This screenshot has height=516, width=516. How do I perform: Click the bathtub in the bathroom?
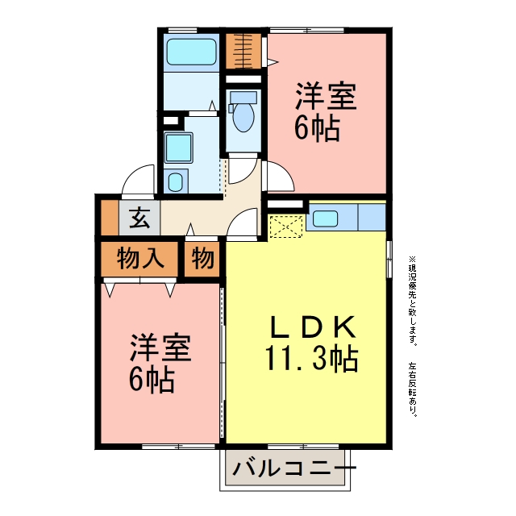[x=191, y=52]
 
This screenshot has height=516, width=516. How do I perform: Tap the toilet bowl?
[x=243, y=117]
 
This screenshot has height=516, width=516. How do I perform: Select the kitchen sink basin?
[x=325, y=218]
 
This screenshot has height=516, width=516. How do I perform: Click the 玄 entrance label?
[x=139, y=218]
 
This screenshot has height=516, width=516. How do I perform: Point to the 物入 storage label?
[x=140, y=258]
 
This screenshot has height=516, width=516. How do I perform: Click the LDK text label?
[x=313, y=327]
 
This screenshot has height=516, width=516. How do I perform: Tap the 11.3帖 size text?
[x=311, y=358]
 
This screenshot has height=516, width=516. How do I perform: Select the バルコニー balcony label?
[x=293, y=468]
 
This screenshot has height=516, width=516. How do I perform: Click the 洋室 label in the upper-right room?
[x=326, y=96]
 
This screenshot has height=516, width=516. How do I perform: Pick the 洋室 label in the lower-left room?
[x=160, y=347]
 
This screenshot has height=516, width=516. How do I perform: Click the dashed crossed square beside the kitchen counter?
[x=286, y=227]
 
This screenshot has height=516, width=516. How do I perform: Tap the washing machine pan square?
[x=178, y=148]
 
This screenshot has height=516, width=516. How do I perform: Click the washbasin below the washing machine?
[x=176, y=181]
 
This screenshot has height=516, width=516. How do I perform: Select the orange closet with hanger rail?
[x=243, y=51]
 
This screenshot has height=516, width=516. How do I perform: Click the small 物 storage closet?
[x=202, y=259]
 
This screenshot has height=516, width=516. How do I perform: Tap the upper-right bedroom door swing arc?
[x=286, y=171]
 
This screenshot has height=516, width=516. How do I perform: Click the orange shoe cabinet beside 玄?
[x=110, y=218]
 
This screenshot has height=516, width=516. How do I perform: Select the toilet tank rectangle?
[x=243, y=97]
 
